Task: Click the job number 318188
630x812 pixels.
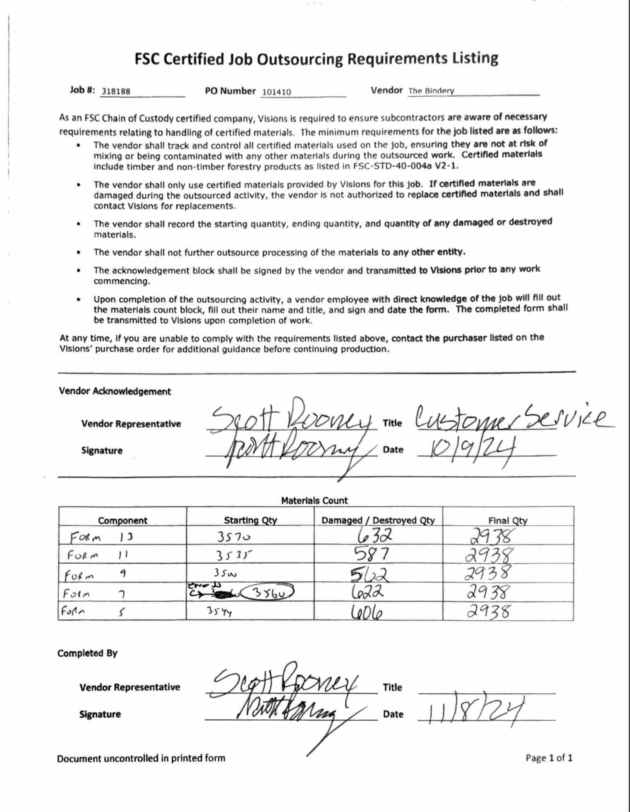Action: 116,91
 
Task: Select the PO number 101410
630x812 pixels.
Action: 276,92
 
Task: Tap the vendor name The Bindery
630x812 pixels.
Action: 431,91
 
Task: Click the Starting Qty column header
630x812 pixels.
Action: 250,520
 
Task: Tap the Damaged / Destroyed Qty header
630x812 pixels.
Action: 378,520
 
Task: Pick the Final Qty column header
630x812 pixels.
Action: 507,520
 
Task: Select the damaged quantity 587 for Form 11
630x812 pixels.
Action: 371,555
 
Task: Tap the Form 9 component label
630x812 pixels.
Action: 94,575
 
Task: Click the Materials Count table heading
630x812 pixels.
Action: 314,500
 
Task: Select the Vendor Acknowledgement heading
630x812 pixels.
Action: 115,391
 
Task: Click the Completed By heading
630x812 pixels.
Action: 87,653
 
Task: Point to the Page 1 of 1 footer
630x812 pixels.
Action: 549,757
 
